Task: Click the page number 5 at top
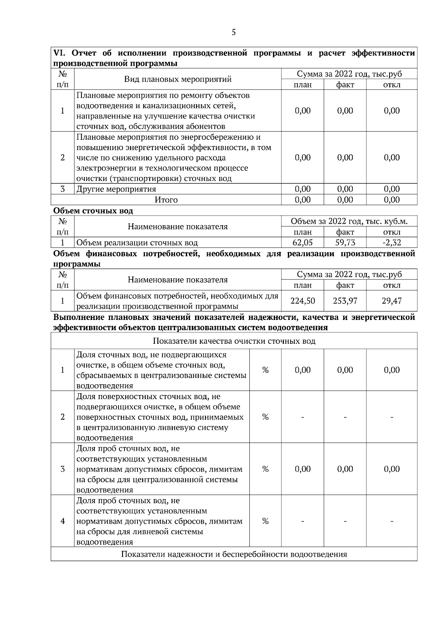point(233,32)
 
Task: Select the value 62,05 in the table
point(303,243)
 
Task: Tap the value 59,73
point(345,243)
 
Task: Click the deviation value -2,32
point(392,243)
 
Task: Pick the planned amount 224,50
point(303,301)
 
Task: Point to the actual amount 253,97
point(345,301)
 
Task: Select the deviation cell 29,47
point(392,301)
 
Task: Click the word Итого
point(166,200)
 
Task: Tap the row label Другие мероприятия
point(116,189)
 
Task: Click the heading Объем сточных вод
point(93,211)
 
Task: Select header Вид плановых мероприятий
point(178,79)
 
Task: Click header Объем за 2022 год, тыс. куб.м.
point(349,221)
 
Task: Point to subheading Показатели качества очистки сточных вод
point(234,341)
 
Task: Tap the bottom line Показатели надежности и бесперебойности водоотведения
point(234,554)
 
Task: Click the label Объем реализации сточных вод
point(137,243)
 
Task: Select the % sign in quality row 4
point(265,521)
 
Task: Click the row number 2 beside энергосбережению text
point(62,158)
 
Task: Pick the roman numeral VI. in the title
point(59,53)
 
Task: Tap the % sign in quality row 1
point(265,370)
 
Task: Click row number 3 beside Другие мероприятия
point(62,189)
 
